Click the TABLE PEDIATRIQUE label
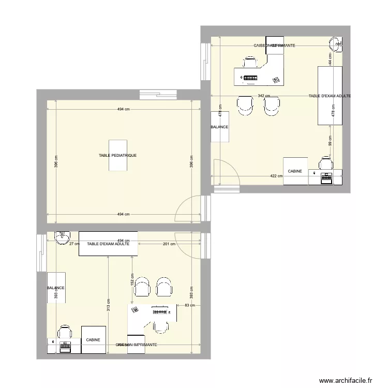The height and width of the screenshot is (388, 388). click(118, 155)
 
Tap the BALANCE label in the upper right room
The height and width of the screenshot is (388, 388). click(219, 127)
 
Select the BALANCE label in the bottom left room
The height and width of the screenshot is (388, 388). click(55, 288)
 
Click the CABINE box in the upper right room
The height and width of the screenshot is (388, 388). click(295, 171)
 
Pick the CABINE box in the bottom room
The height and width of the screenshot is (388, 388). click(94, 340)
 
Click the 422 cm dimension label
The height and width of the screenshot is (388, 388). click(276, 176)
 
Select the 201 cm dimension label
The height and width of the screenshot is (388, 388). click(169, 244)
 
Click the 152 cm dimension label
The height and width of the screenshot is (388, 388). click(132, 280)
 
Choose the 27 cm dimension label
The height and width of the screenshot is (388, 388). click(73, 244)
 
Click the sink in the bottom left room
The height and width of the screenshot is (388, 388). click(62, 237)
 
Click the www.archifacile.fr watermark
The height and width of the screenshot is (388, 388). click(346, 380)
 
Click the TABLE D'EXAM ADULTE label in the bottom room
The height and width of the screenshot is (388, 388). click(108, 244)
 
